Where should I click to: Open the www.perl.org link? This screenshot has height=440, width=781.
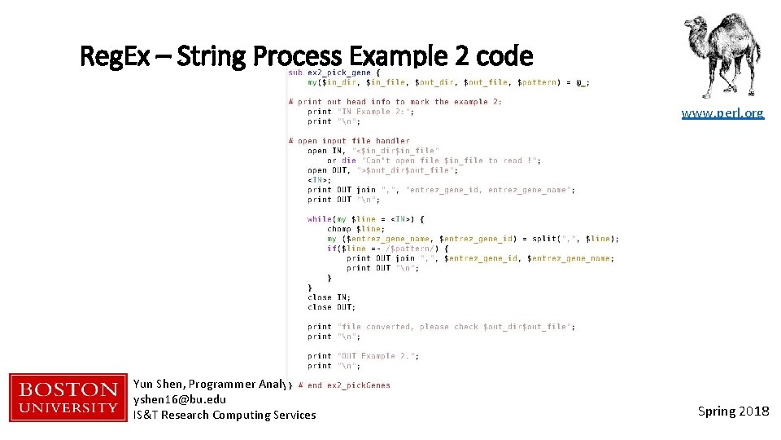click(722, 113)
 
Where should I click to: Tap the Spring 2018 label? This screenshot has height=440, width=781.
click(733, 411)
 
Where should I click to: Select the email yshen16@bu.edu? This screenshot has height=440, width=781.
click(179, 399)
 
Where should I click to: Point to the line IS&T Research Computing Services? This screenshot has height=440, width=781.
click(225, 415)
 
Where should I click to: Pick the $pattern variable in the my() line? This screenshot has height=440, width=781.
click(535, 82)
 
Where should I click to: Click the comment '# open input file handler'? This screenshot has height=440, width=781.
click(349, 141)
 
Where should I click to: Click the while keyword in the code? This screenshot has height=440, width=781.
click(319, 219)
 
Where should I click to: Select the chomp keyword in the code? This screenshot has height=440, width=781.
click(339, 229)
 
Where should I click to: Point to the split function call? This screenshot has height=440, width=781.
click(543, 239)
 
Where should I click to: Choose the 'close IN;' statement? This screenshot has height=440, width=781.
click(329, 297)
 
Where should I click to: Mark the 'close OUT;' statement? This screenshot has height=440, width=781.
click(331, 307)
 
